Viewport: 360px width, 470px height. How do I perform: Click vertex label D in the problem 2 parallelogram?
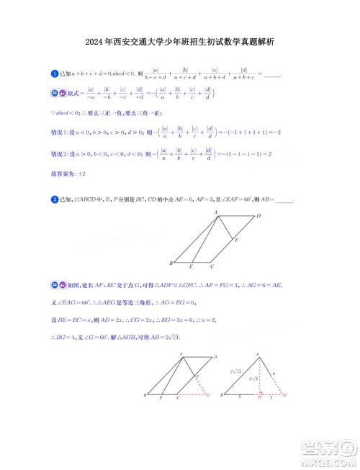coord(258,216)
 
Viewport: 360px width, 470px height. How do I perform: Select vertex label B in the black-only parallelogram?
coord(171,263)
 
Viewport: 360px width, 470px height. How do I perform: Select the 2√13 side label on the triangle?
coord(234,371)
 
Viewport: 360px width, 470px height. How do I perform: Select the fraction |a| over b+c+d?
coord(156,74)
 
